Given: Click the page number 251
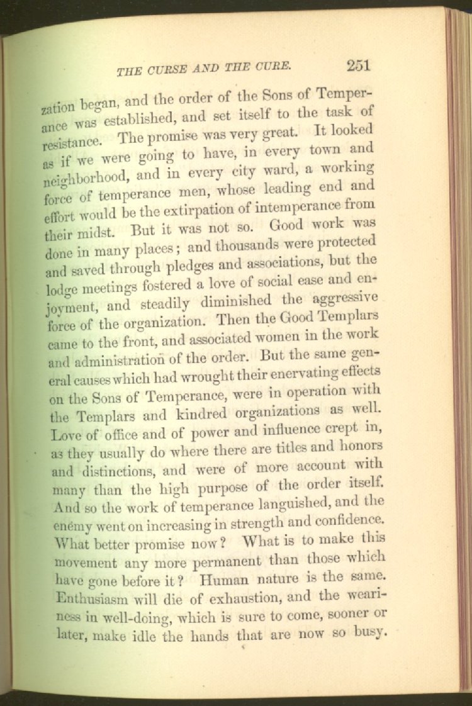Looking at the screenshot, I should pos(357,65).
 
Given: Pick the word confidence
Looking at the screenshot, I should pos(346,520).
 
